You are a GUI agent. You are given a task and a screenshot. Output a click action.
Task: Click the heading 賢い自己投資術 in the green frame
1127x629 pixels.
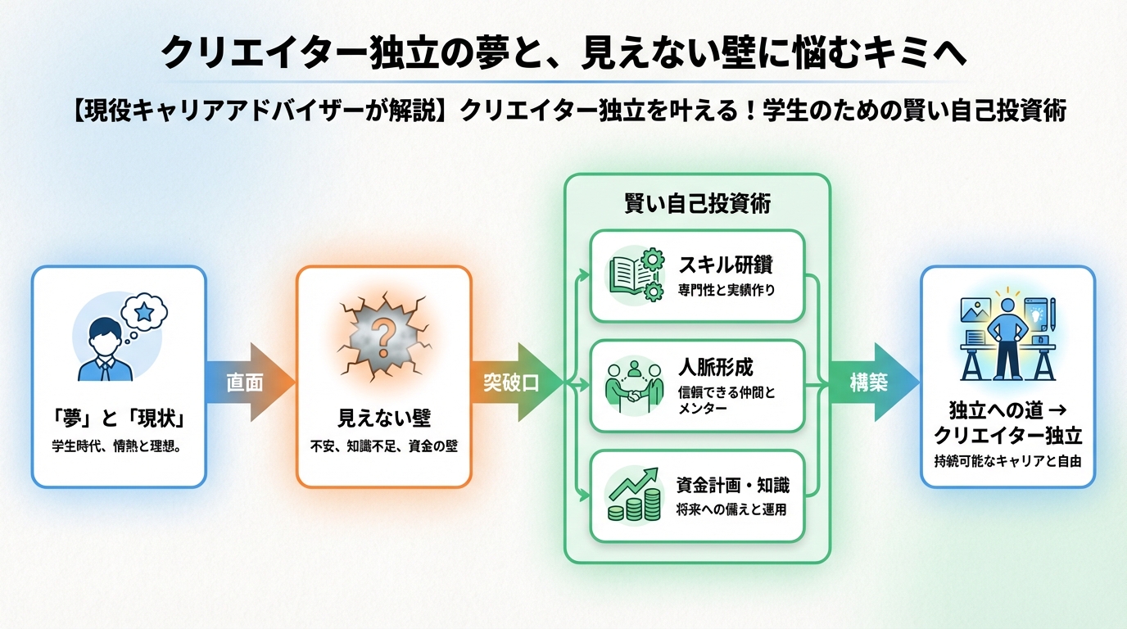[697, 205]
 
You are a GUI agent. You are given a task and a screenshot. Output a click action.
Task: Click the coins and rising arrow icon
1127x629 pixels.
[633, 496]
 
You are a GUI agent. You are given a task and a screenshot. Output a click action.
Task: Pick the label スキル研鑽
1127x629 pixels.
[726, 265]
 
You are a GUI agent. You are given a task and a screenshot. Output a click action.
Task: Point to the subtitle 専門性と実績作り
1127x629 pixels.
[726, 289]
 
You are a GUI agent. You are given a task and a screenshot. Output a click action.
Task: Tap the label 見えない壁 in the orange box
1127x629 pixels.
[384, 419]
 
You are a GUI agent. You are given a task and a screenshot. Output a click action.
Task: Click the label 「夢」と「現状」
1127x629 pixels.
[119, 419]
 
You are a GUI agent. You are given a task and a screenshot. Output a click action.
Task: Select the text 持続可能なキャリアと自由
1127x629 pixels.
[1008, 460]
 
